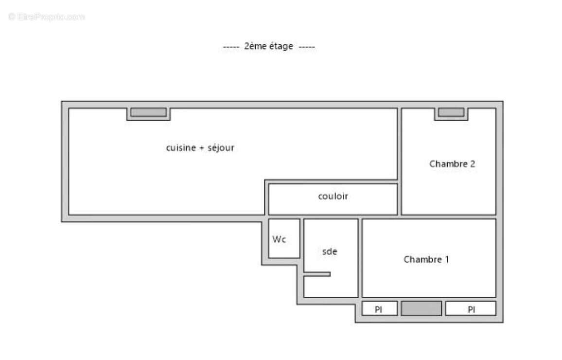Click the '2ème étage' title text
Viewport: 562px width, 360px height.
point(268,46)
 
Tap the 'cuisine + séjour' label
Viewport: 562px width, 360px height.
point(200,148)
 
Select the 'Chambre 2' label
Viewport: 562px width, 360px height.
point(452,164)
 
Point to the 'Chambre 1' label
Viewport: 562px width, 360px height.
point(426,259)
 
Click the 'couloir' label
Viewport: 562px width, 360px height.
point(333,197)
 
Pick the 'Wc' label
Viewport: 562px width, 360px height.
point(279,239)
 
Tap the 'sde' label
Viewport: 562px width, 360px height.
point(330,252)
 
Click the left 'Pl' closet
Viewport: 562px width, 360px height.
point(379,309)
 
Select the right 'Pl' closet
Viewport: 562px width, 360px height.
point(471,309)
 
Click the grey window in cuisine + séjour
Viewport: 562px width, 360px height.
point(149,112)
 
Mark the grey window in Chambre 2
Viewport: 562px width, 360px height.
point(451,112)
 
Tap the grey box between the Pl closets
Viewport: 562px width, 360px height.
point(421,308)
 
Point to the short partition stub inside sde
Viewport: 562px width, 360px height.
point(317,274)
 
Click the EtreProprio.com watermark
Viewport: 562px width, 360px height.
point(47,17)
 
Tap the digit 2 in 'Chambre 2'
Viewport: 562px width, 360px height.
point(472,164)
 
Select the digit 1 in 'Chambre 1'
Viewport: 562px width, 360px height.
point(446,259)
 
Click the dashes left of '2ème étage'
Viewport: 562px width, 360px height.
point(231,47)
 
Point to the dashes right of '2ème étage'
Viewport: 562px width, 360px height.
point(306,47)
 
